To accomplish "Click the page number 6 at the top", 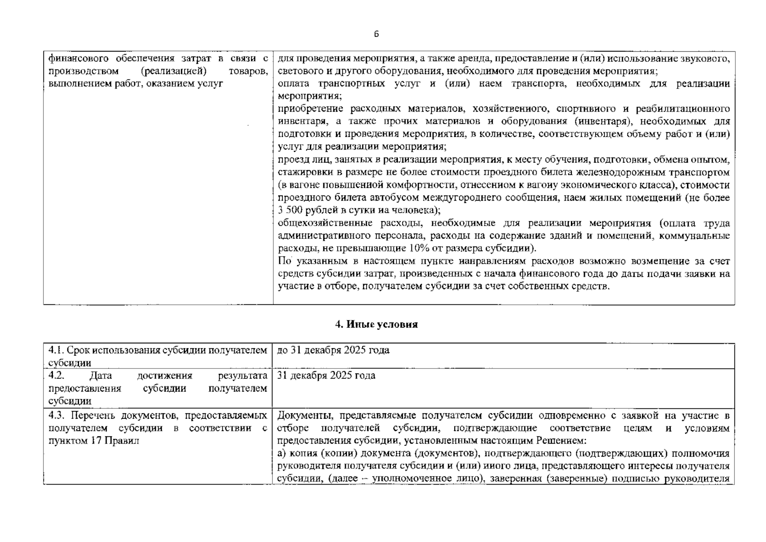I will click(x=376, y=34).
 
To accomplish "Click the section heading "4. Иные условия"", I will click(x=376, y=324).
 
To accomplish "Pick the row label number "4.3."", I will click(x=57, y=416).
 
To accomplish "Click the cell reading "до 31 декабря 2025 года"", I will click(x=333, y=350).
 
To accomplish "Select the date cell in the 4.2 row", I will click(x=326, y=376).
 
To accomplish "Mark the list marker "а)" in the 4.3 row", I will click(x=282, y=453).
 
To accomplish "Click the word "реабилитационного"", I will click(x=682, y=109).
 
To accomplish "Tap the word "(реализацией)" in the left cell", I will click(x=173, y=71).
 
